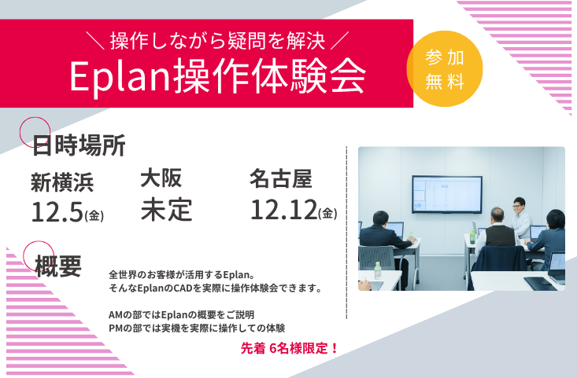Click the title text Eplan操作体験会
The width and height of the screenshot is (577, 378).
[218, 75]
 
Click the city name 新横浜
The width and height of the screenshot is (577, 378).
[62, 182]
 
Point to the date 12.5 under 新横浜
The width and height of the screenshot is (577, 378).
[58, 211]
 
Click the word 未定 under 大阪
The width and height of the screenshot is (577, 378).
[167, 210]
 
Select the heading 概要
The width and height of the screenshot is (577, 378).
[57, 266]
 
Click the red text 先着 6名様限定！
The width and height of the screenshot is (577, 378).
[290, 347]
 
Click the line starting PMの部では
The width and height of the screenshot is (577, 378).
[197, 328]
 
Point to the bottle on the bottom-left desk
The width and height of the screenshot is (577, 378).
[378, 272]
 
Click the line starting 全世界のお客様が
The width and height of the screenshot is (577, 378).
[181, 275]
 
